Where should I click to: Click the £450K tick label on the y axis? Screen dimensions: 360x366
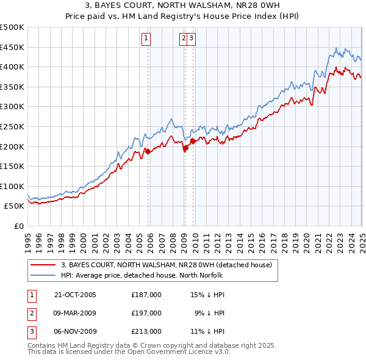click(12, 47)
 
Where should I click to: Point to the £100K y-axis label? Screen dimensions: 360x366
click(12, 186)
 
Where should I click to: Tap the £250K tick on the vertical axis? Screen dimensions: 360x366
click(12, 126)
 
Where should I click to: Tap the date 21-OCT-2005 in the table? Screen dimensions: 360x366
click(75, 295)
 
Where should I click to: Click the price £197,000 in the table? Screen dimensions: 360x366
click(146, 313)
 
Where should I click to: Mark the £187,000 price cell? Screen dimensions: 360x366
click(146, 295)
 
